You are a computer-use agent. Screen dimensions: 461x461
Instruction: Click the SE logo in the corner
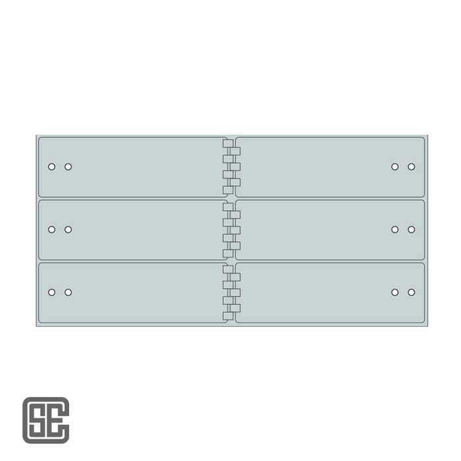(x=45, y=420)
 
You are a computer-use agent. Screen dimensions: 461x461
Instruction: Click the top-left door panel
(x=132, y=167)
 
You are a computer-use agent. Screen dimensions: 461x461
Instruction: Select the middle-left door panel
(x=132, y=230)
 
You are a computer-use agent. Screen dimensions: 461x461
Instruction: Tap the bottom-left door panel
(x=132, y=292)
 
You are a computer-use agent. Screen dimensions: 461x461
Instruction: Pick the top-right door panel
(x=329, y=167)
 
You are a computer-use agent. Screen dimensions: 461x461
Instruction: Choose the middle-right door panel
(x=329, y=230)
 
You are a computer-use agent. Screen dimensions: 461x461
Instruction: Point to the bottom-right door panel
(x=329, y=292)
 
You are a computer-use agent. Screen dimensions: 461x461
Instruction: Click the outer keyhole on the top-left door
(x=51, y=167)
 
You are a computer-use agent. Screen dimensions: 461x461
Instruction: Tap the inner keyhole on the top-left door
(x=68, y=167)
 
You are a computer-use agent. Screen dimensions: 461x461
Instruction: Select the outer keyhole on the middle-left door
(x=51, y=230)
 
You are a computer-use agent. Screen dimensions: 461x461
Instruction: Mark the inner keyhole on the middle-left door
(x=68, y=230)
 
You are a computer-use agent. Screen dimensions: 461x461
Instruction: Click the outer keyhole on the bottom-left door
(x=51, y=292)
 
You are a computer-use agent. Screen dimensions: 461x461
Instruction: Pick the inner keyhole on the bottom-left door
(x=68, y=292)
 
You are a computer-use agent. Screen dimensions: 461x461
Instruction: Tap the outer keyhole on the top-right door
(x=411, y=167)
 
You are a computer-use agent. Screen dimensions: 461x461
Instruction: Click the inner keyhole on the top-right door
(x=394, y=167)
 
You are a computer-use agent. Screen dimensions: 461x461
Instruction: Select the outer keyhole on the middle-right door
(x=411, y=230)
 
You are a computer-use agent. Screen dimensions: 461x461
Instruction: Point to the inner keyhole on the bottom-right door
(x=394, y=292)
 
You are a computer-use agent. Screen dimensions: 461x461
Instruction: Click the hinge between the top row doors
(x=231, y=167)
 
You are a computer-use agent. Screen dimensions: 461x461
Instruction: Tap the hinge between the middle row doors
(x=231, y=230)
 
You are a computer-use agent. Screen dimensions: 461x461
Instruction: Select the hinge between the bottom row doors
(x=231, y=292)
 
